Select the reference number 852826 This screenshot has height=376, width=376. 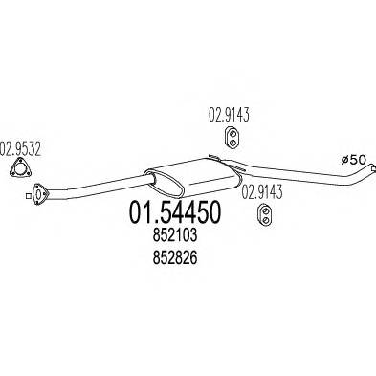tap(172, 260)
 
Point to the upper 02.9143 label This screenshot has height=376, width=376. tap(230, 118)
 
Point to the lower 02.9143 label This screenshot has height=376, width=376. tap(260, 189)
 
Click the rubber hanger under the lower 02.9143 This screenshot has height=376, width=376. tap(260, 219)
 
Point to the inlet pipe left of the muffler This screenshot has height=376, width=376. tap(96, 188)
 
